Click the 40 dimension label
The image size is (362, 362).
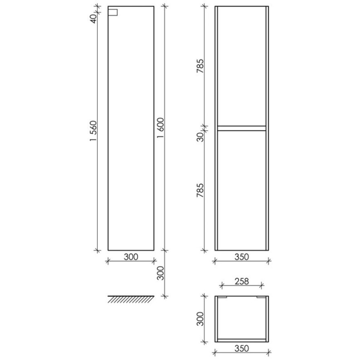pos(93,19)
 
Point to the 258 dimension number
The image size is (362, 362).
pos(242,282)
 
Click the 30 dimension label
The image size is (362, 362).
pos(201,137)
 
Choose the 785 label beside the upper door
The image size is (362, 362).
pos(200,66)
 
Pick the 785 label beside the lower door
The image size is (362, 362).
pos(200,191)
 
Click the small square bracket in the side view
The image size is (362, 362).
pos(113,12)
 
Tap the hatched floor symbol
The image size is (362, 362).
pos(131,299)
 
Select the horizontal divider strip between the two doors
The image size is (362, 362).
pos(242,128)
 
